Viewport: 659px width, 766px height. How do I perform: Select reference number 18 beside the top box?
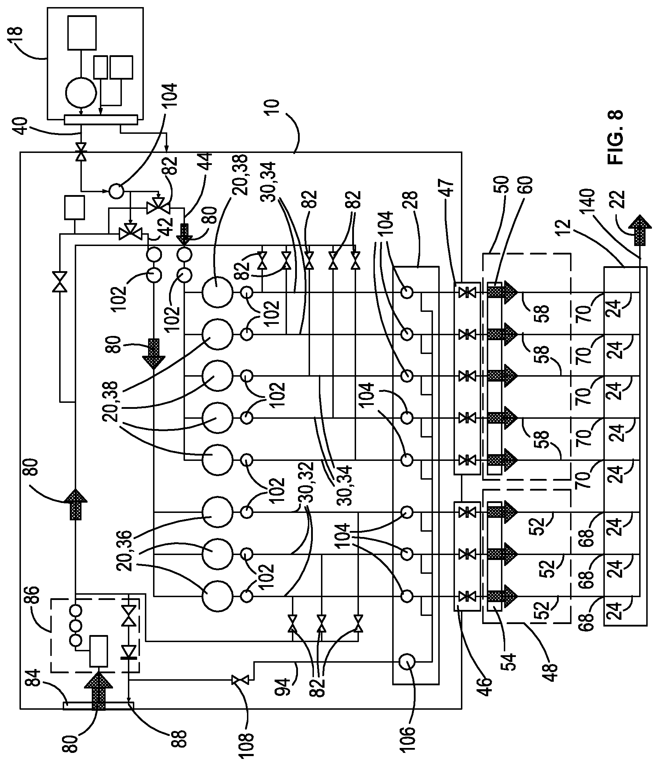tap(16, 36)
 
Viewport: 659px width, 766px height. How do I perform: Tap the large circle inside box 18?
tap(81, 92)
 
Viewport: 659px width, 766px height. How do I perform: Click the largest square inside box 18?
tap(82, 33)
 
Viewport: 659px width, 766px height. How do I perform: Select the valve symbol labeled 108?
tap(240, 680)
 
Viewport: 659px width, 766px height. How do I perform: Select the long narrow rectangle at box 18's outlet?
tap(101, 120)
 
